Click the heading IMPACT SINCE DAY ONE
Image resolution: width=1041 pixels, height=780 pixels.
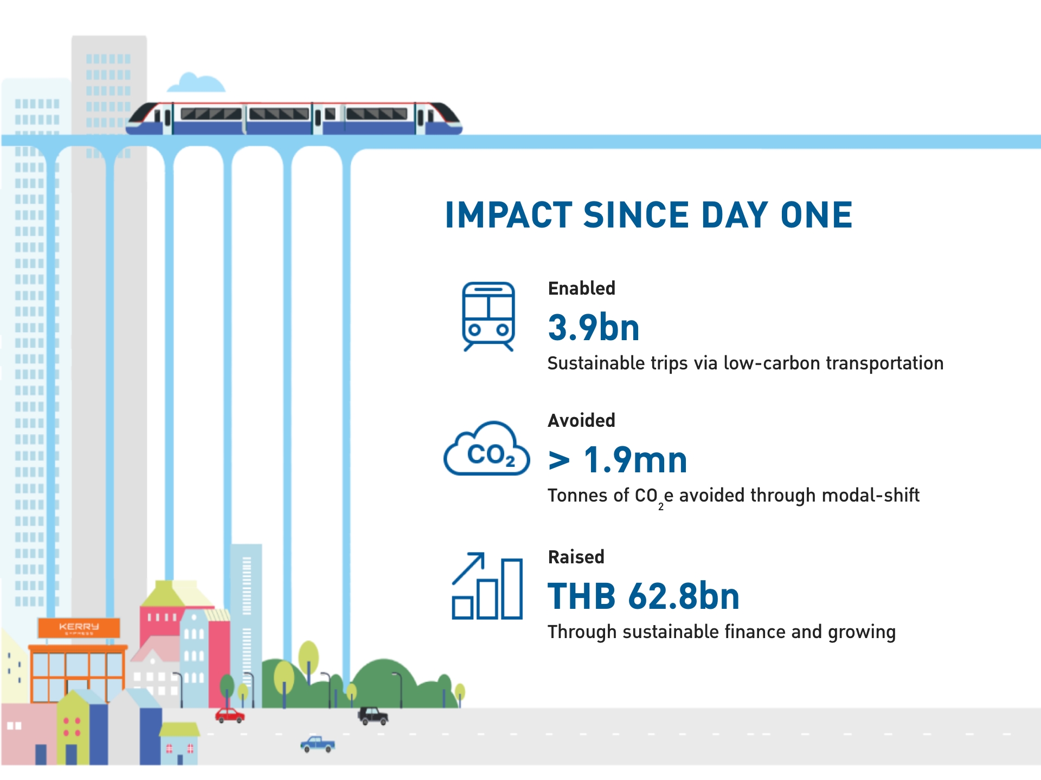pyautogui.click(x=648, y=215)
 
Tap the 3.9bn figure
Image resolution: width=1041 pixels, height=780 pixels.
pyautogui.click(x=594, y=327)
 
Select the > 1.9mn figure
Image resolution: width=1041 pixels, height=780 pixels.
pyautogui.click(x=618, y=460)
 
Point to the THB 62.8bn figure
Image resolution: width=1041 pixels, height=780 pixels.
pyautogui.click(x=644, y=596)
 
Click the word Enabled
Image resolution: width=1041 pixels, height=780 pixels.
pyautogui.click(x=582, y=288)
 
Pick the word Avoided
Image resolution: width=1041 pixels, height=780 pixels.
pyautogui.click(x=582, y=420)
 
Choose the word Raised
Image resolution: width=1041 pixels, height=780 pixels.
pyautogui.click(x=576, y=557)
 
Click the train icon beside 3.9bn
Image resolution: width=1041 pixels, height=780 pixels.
pyautogui.click(x=488, y=316)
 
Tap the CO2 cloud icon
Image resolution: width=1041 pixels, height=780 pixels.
pyautogui.click(x=487, y=448)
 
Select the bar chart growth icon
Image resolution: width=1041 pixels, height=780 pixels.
pyautogui.click(x=487, y=586)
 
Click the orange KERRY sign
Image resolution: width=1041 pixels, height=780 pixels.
pyautogui.click(x=79, y=628)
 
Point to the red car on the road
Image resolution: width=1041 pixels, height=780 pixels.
pyautogui.click(x=230, y=716)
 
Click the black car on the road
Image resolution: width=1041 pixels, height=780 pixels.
pyautogui.click(x=373, y=716)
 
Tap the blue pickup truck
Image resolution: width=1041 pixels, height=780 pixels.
pyautogui.click(x=318, y=744)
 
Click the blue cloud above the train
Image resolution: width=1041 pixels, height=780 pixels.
pyautogui.click(x=196, y=82)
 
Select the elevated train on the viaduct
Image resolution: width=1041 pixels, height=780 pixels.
pyautogui.click(x=294, y=118)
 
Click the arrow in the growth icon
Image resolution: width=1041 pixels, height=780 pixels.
pyautogui.click(x=468, y=568)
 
